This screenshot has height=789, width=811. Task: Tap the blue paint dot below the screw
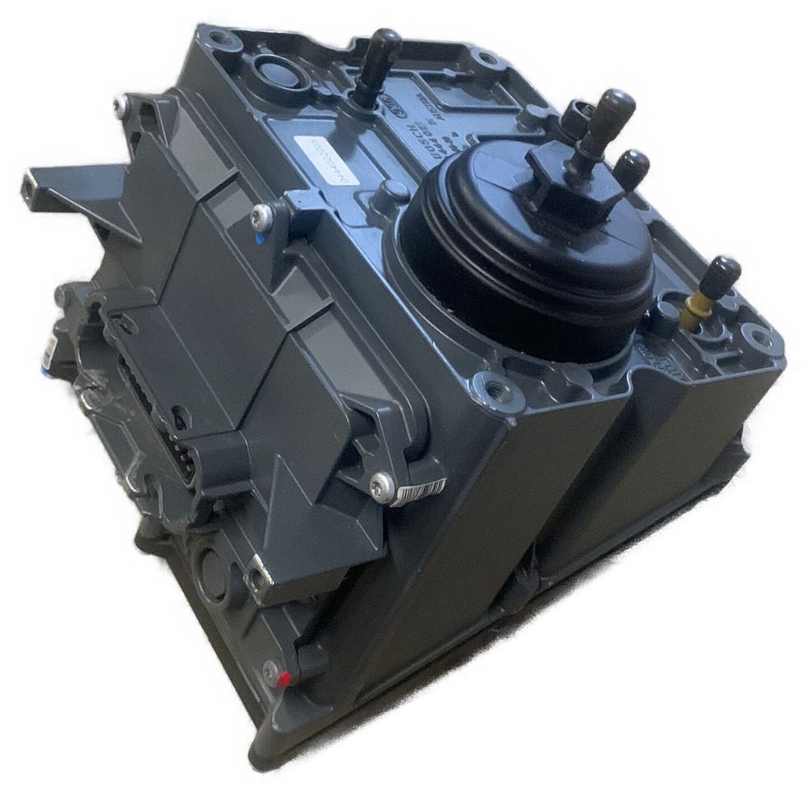(260, 240)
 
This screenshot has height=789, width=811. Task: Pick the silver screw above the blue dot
(262, 215)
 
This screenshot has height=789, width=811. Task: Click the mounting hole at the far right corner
(757, 335)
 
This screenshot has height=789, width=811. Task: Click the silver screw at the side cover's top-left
(122, 103)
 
